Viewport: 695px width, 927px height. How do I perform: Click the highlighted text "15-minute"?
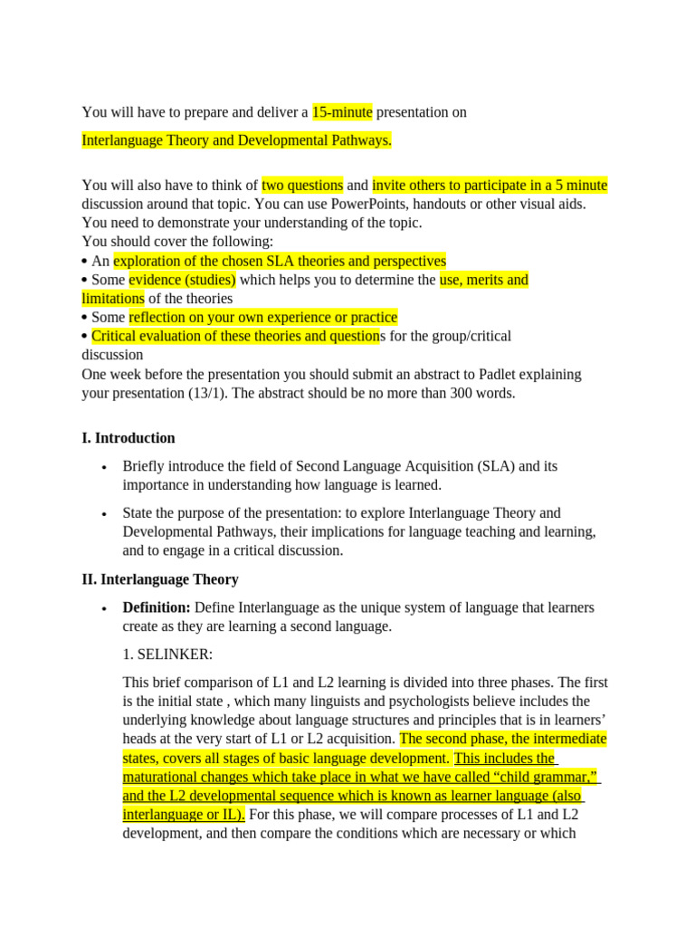(342, 112)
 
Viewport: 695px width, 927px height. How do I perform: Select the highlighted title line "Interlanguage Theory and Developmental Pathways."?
(237, 140)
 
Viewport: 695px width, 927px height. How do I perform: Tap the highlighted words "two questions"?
(302, 186)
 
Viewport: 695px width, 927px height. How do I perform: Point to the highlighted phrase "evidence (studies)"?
(182, 280)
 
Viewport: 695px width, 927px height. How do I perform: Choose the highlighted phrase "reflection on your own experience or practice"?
(262, 317)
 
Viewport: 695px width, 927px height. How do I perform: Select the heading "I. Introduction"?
(129, 438)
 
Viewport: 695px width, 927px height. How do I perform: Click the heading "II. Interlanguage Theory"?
(160, 578)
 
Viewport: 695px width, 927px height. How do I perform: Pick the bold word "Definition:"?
(157, 607)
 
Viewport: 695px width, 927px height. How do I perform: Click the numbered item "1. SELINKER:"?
(167, 654)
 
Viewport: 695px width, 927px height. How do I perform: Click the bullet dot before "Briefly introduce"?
(105, 467)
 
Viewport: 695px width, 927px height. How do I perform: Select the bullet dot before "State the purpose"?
(105, 513)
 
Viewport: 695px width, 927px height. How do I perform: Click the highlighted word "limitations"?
(113, 298)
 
